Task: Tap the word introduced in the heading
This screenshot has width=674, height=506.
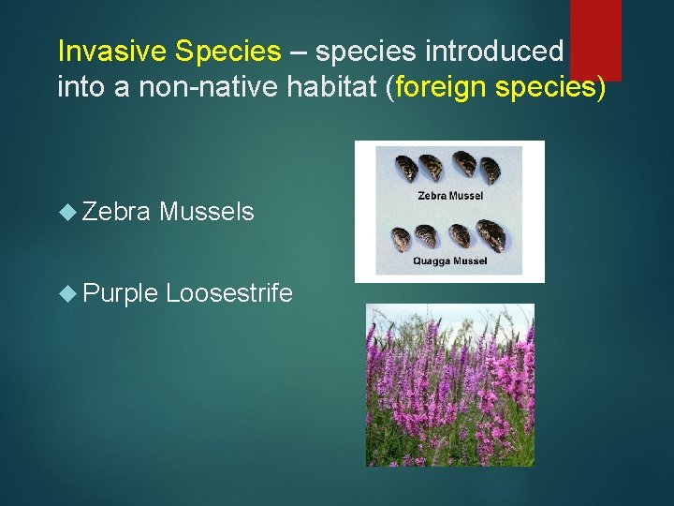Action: click(x=511, y=52)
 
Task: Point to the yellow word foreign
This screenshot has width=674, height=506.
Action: click(x=442, y=89)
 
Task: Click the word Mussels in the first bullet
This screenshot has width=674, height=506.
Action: click(x=207, y=213)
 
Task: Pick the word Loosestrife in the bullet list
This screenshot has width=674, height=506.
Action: click(x=229, y=294)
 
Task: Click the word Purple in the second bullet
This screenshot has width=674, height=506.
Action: click(x=119, y=294)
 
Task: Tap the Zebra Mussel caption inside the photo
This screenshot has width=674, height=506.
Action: click(x=449, y=198)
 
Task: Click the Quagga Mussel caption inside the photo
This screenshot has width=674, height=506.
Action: click(x=449, y=261)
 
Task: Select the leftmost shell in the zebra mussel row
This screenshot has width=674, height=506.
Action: click(x=407, y=169)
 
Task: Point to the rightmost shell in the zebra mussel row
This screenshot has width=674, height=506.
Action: click(x=491, y=171)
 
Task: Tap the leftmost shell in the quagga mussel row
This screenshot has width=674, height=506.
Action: click(x=402, y=239)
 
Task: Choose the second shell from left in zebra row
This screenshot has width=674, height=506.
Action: click(x=432, y=167)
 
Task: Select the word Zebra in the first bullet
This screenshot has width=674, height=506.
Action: click(x=116, y=213)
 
